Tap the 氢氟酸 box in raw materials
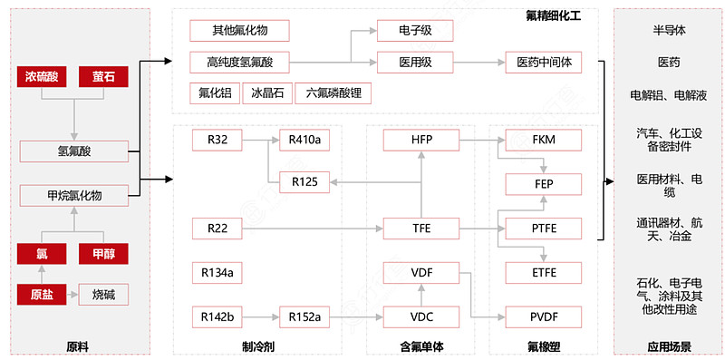[73, 151]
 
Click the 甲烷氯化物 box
[73, 195]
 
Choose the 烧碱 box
[102, 295]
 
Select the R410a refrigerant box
[304, 140]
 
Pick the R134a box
[217, 272]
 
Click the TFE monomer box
[421, 228]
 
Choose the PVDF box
[543, 316]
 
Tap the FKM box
[543, 140]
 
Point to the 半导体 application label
[669, 30]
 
